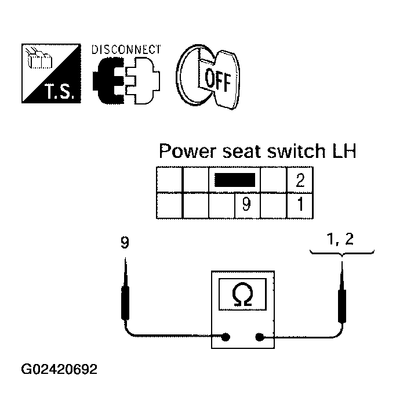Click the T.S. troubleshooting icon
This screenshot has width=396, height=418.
[x=51, y=73]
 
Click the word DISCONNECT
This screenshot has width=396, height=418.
[x=126, y=49]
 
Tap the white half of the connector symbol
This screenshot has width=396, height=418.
[x=143, y=81]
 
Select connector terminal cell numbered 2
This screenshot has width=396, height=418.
[x=300, y=179]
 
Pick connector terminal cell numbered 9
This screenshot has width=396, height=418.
[x=247, y=206]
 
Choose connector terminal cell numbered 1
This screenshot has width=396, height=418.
[x=300, y=206]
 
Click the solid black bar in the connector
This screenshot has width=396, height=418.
[x=235, y=180]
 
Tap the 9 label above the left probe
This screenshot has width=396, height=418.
[x=125, y=242]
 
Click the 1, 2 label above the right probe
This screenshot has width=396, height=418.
[x=340, y=239]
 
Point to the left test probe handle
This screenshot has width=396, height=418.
[x=125, y=303]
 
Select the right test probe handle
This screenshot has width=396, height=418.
[x=342, y=306]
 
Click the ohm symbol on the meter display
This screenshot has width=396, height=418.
[x=242, y=294]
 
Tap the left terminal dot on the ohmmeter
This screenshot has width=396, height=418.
[x=226, y=337]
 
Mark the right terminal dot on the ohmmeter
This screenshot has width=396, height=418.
[x=259, y=337]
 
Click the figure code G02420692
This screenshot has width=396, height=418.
[x=59, y=369]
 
